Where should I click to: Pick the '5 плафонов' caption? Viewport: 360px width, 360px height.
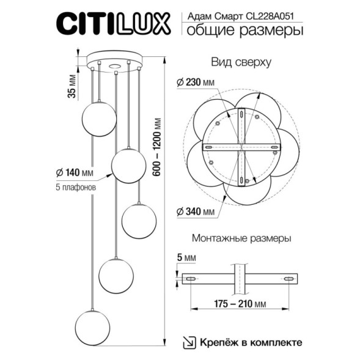pos(71,188)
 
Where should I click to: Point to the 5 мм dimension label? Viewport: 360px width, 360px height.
pos(189,259)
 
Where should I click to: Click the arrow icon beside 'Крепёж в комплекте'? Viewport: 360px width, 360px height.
pos(190,342)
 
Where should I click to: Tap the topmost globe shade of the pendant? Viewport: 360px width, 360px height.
pos(99,119)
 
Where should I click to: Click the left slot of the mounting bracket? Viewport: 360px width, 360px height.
pos(191,279)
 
